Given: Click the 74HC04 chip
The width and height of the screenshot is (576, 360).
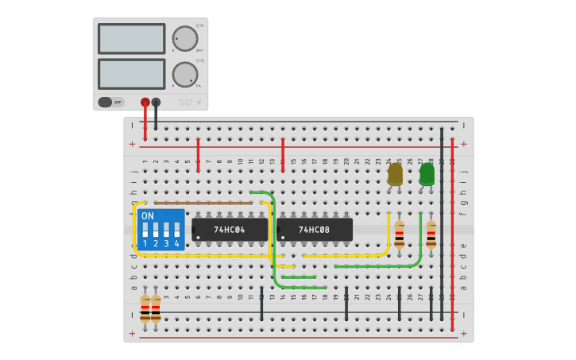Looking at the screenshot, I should [x=230, y=230].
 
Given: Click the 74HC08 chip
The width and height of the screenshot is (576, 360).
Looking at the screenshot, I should [x=315, y=230].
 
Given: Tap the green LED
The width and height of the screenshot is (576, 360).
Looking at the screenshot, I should [x=427, y=174].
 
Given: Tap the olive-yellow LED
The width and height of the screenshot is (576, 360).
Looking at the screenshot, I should [x=395, y=174].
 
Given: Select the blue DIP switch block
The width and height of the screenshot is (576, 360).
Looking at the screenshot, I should [x=160, y=230].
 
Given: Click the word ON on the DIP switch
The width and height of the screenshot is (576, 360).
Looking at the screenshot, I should [x=148, y=216].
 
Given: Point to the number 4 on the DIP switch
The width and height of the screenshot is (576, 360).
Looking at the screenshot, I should [x=177, y=244].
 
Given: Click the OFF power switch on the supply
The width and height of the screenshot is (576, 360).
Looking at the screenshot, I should [x=111, y=102].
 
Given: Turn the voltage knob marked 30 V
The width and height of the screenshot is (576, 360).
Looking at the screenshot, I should [x=184, y=38].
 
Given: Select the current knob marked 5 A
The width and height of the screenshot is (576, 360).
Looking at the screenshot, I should [x=184, y=75].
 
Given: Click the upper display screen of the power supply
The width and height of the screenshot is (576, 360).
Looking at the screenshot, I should [x=131, y=38].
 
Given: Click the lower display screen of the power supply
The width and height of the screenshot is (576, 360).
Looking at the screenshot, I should [x=131, y=74].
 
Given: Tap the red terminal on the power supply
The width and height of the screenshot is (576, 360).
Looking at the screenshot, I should [x=145, y=102].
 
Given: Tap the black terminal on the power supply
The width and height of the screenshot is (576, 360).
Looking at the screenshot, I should [x=156, y=102].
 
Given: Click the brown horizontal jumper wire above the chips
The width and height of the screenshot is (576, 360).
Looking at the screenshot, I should [x=203, y=203].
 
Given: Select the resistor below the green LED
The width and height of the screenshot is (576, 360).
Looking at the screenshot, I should [x=431, y=234].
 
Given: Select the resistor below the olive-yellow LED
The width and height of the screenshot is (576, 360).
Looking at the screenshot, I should [x=399, y=234].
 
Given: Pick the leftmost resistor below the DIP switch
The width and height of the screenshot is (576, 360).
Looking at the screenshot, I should [x=145, y=308].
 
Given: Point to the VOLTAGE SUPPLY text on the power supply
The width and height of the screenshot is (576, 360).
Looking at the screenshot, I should [x=185, y=102].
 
